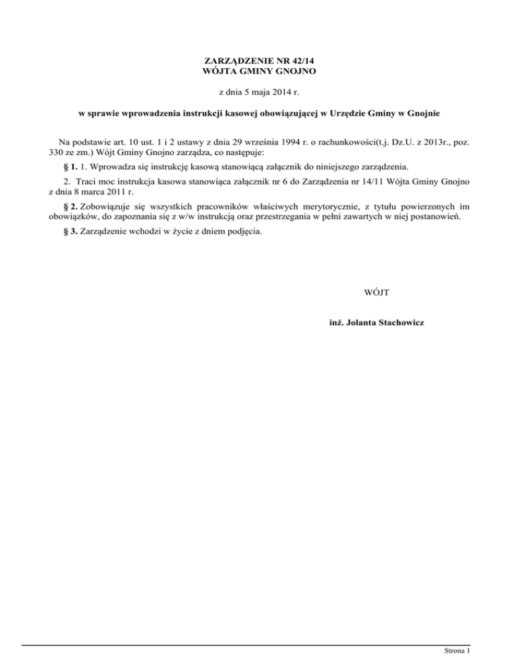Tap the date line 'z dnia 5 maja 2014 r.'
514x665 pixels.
click(257, 90)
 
